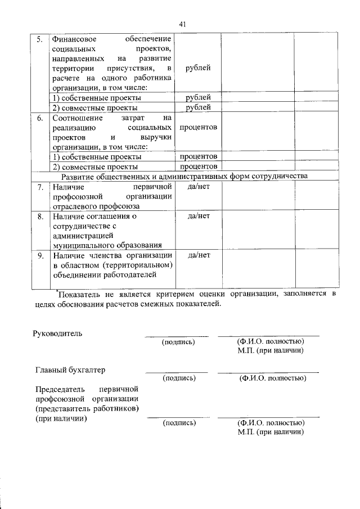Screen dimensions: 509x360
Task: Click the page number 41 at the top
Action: click(x=182, y=24)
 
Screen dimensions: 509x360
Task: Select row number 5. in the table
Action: click(x=39, y=40)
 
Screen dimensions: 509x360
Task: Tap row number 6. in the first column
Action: click(x=39, y=118)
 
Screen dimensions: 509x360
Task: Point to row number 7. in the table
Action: click(x=39, y=186)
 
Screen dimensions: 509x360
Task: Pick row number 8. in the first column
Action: click(x=39, y=215)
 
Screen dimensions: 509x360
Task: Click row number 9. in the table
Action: click(x=39, y=255)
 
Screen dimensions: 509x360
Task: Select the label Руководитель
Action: click(x=58, y=333)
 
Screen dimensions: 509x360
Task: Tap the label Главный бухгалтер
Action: click(x=70, y=370)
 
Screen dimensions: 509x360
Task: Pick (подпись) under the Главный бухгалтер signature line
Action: click(x=178, y=379)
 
